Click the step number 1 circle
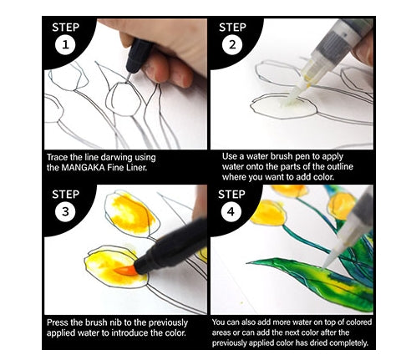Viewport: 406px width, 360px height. point(65,44)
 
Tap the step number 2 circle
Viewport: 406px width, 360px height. point(232,44)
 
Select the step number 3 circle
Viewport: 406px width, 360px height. point(65,211)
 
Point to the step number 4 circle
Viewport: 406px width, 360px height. point(231,211)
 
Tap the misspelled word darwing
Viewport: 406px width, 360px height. point(116,158)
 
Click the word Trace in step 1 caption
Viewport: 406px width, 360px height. point(57,158)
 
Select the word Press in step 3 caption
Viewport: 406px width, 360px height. point(58,322)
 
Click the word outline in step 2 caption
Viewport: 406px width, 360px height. point(340,167)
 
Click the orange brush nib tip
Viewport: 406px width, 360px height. point(124,271)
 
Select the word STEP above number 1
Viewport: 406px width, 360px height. point(65,28)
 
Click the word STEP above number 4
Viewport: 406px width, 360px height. point(231,195)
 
